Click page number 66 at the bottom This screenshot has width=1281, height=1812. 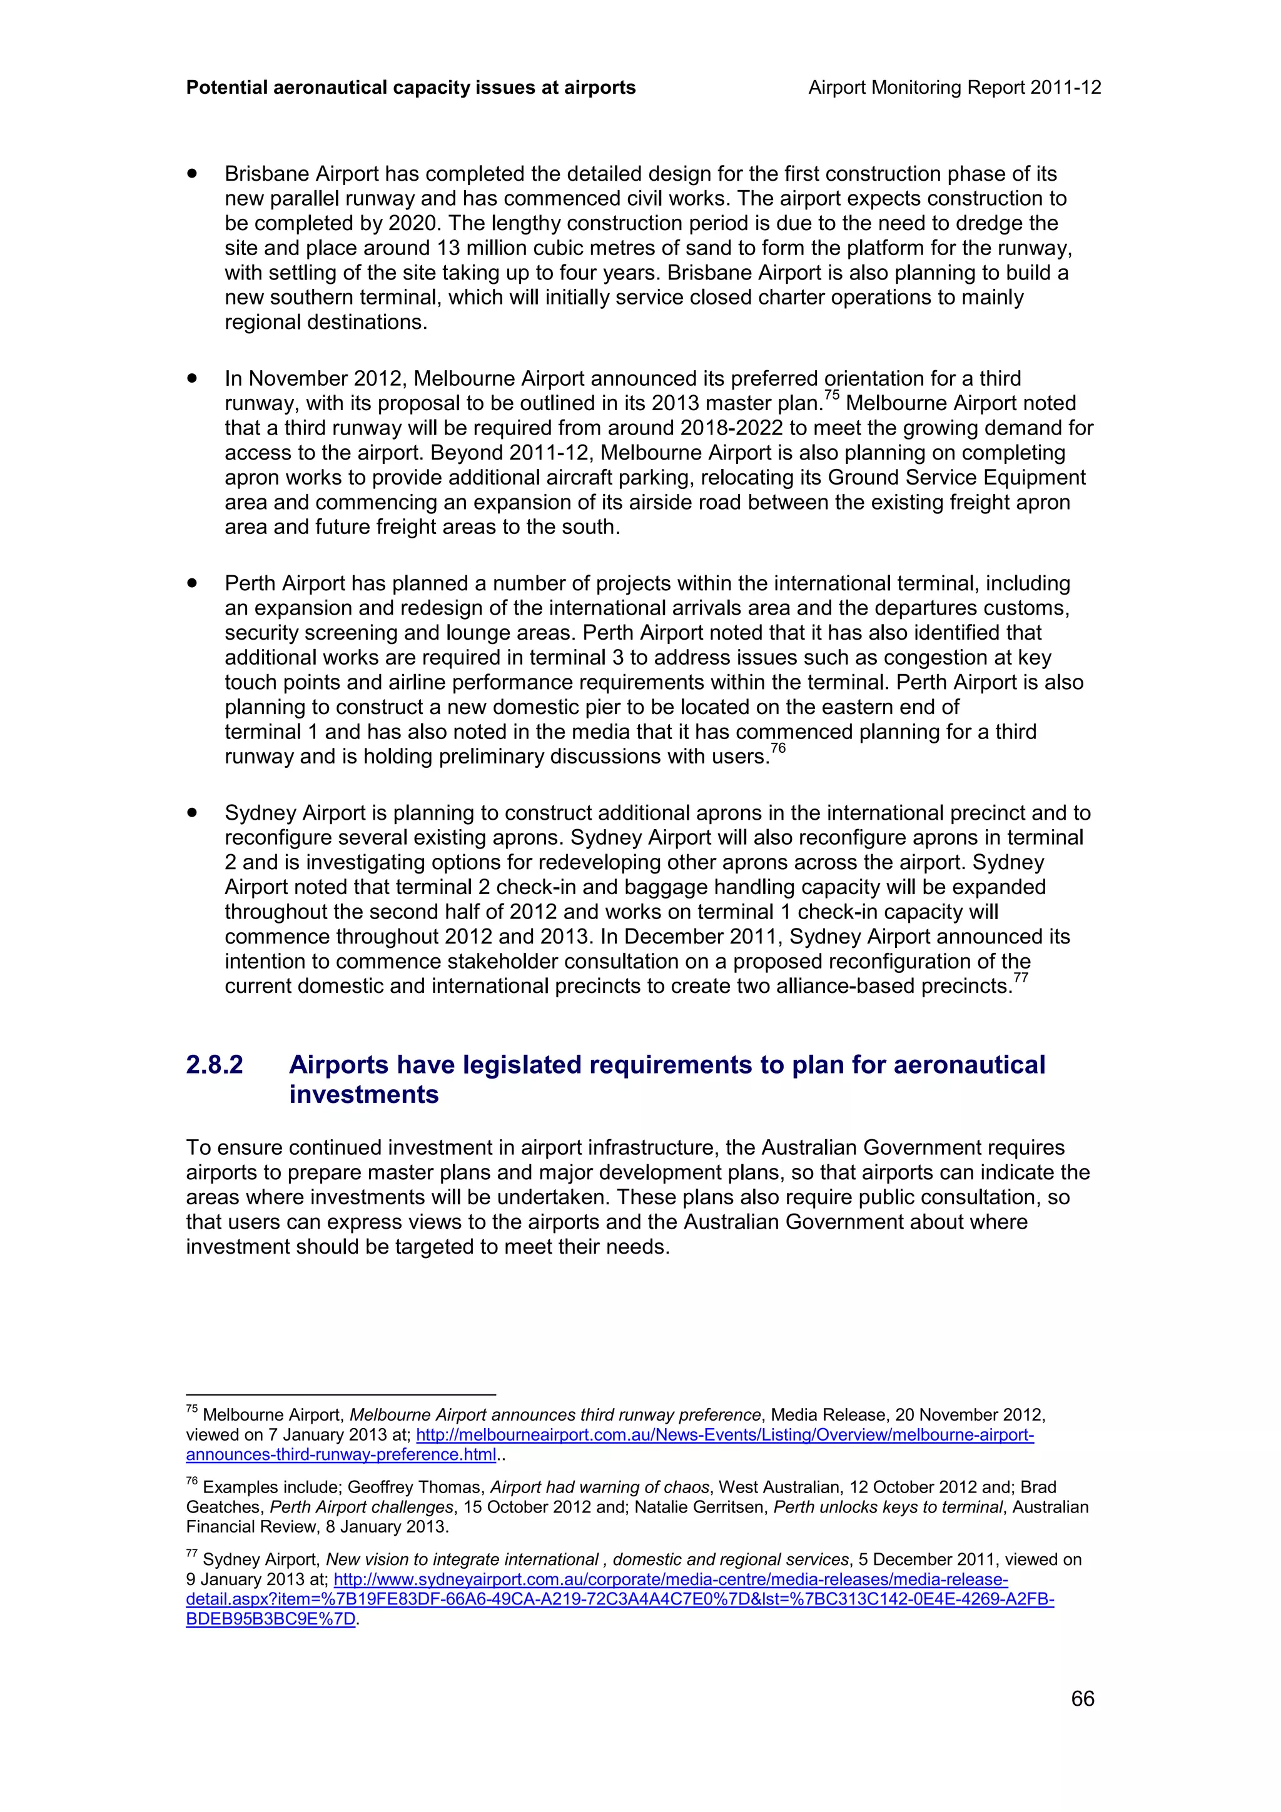point(1082,1698)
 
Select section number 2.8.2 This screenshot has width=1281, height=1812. point(215,1065)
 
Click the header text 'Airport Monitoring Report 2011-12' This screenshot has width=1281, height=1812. point(954,88)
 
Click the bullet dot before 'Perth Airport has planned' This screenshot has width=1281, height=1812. point(192,583)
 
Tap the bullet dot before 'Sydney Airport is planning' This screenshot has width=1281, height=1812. point(192,813)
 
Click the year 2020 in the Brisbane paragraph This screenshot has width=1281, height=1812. point(413,223)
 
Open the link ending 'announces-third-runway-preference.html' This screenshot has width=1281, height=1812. point(341,1454)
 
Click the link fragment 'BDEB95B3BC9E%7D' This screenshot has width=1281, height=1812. point(271,1619)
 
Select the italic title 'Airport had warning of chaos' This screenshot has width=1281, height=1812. point(599,1487)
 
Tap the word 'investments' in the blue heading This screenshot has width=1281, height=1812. point(364,1095)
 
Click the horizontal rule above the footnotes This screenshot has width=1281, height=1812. point(340,1394)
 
